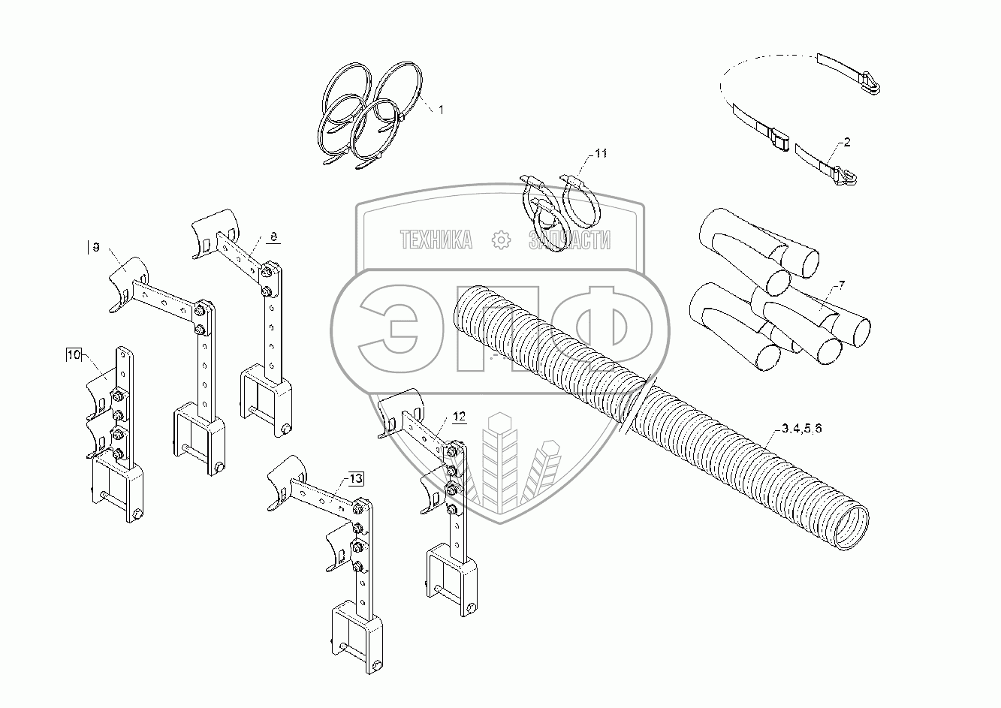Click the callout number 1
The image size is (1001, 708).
tap(441, 110)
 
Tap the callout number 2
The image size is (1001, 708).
tap(846, 141)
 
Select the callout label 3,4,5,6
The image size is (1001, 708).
tap(801, 429)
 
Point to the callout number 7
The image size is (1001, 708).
tap(842, 284)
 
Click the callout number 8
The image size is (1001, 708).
tap(273, 237)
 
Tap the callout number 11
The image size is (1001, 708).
tap(600, 153)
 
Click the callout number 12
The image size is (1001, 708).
tap(459, 416)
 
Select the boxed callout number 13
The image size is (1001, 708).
tap(355, 478)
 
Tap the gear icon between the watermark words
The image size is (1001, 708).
tap(499, 240)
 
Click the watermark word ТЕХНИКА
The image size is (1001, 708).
tap(436, 240)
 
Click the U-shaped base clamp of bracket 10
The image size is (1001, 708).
tap(116, 488)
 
